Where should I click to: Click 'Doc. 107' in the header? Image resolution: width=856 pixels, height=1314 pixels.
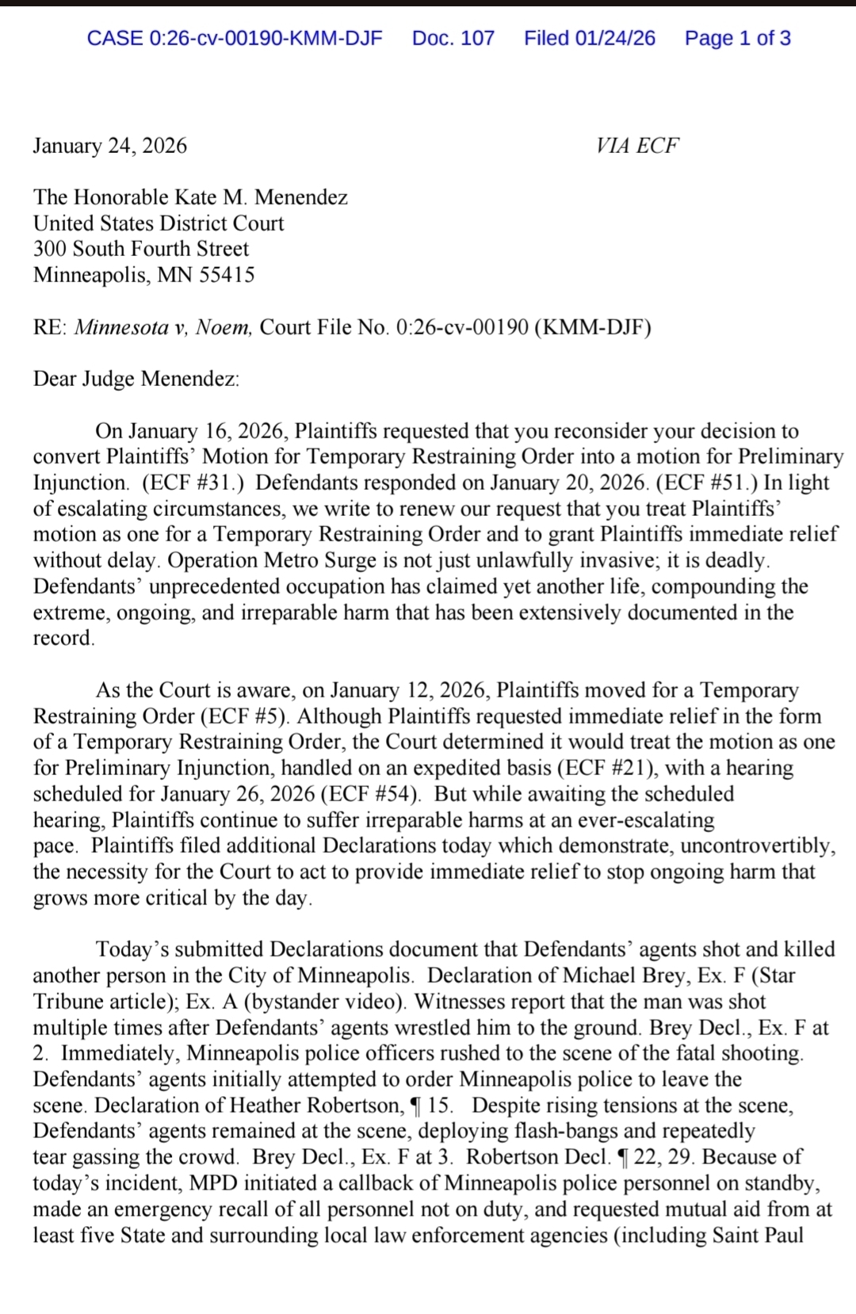click(453, 38)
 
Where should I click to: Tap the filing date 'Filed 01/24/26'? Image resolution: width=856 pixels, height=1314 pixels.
click(589, 38)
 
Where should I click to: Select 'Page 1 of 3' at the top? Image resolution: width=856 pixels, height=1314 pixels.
click(737, 38)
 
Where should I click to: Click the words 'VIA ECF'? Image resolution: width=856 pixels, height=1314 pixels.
click(637, 146)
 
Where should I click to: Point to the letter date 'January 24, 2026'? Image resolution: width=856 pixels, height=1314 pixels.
click(110, 146)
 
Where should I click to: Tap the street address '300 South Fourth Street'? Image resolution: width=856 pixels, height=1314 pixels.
click(141, 249)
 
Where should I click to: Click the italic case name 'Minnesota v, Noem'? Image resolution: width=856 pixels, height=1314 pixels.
click(163, 327)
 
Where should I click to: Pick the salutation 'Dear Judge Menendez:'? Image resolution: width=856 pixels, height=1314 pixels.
click(136, 379)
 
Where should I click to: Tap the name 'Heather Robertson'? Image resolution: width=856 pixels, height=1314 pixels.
click(315, 1106)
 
